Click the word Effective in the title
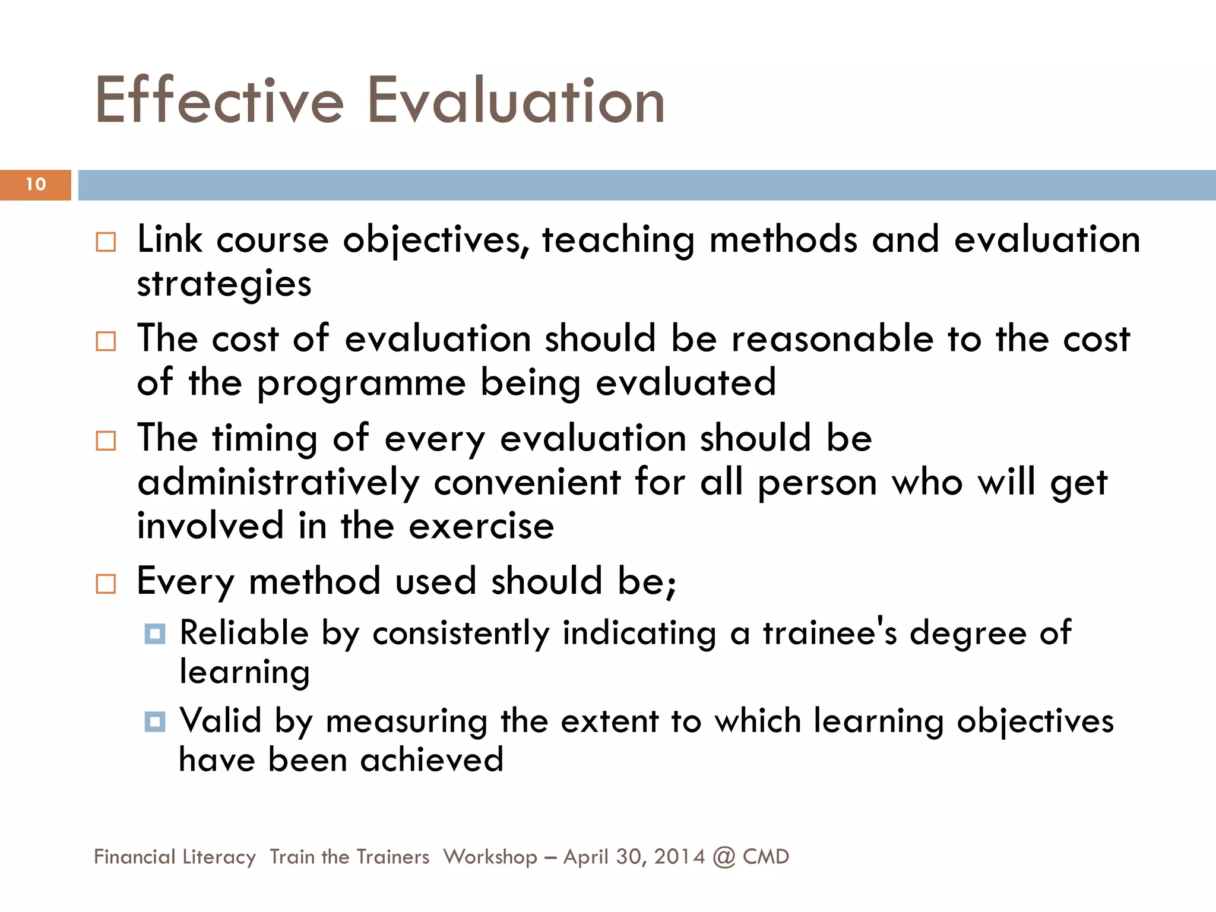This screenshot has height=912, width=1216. point(219,100)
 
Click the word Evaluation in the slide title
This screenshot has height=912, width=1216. point(516,100)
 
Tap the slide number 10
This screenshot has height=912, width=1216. point(36,184)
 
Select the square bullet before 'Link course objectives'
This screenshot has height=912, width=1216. point(106,242)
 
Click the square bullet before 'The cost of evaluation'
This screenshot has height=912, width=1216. point(106,341)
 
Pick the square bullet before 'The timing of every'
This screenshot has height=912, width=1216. point(106,441)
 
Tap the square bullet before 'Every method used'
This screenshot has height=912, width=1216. point(106,584)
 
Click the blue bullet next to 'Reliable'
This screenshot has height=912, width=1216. point(155,634)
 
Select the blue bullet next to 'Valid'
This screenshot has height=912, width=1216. point(155,721)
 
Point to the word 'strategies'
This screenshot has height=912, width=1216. point(224,284)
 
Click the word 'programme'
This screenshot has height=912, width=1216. point(361,383)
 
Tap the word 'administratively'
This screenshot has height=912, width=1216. point(278,482)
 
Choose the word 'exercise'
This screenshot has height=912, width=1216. point(481,526)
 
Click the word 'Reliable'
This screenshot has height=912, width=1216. point(244,632)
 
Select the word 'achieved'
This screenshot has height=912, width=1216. point(432,760)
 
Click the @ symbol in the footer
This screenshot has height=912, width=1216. point(724,857)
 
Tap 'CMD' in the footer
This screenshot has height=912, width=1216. point(766,857)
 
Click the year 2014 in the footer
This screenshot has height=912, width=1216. point(679,857)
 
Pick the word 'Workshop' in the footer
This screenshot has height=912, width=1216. point(490,857)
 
